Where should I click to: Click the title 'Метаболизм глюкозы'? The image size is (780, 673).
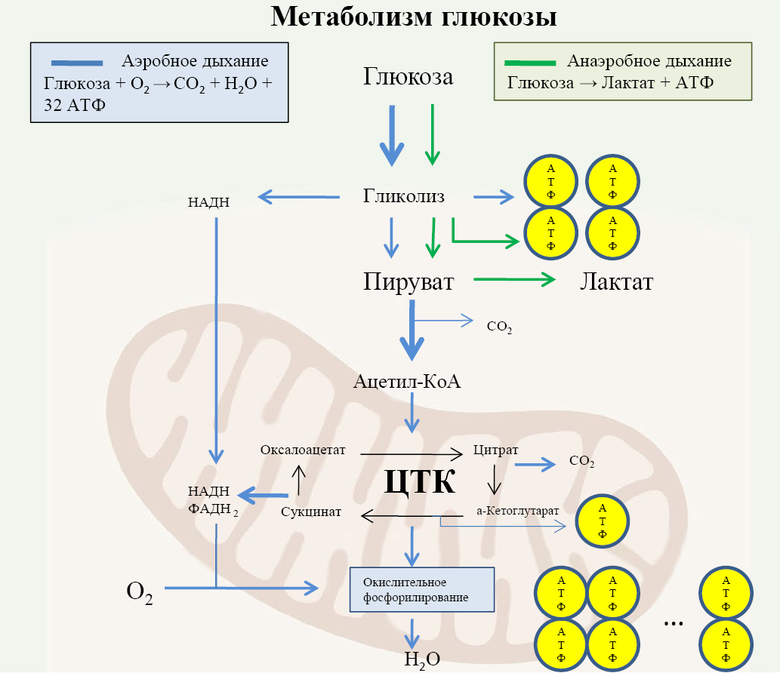(414, 17)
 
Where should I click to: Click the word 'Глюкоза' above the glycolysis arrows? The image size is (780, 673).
(408, 76)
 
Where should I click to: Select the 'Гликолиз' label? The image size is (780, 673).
(403, 197)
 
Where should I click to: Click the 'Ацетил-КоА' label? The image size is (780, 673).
(407, 381)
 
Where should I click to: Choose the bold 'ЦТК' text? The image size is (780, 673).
(420, 481)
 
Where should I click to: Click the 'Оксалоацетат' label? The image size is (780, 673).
(302, 450)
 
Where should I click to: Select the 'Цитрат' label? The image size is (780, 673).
(495, 450)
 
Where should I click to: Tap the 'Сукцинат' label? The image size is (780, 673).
(311, 512)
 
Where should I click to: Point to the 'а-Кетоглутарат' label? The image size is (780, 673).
(517, 510)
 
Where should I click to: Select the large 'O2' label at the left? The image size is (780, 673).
(140, 593)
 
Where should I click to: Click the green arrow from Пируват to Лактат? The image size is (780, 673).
(513, 281)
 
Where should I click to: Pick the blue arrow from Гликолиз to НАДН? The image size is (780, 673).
(298, 198)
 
